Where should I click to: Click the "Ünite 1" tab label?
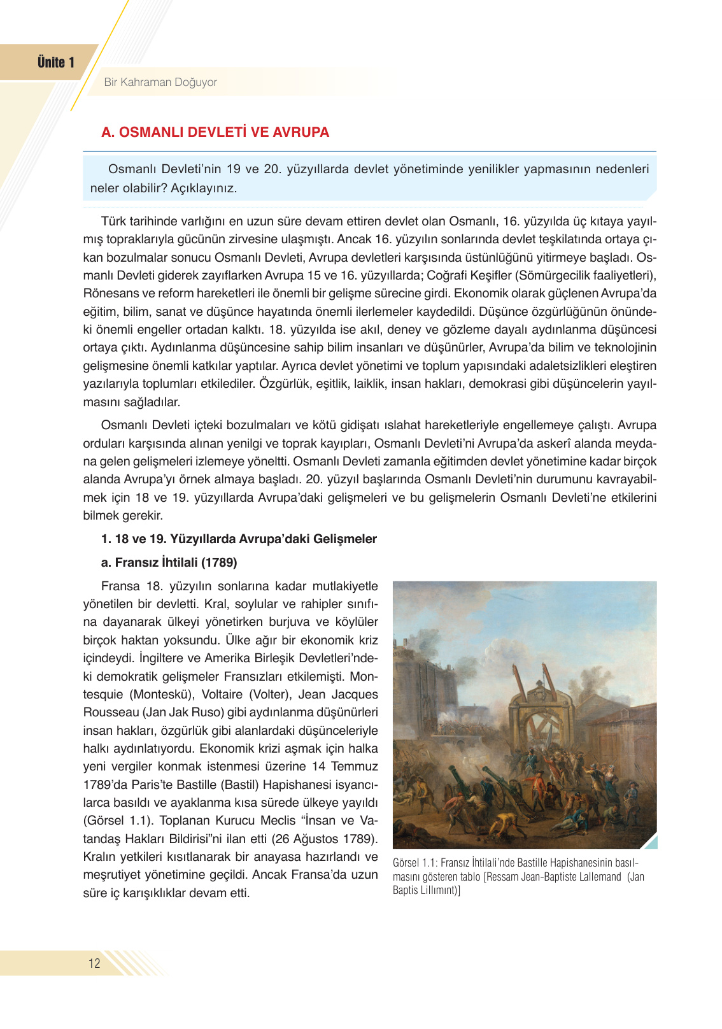coord(56,62)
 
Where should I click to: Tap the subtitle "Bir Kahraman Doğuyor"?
coord(160,82)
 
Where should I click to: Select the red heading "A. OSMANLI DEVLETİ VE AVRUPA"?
coord(215,132)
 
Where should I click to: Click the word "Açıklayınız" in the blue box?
coord(204,188)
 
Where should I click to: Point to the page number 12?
coord(94,963)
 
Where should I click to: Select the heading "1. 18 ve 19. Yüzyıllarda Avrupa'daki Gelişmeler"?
coord(239,539)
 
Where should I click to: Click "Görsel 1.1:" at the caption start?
coord(414,863)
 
